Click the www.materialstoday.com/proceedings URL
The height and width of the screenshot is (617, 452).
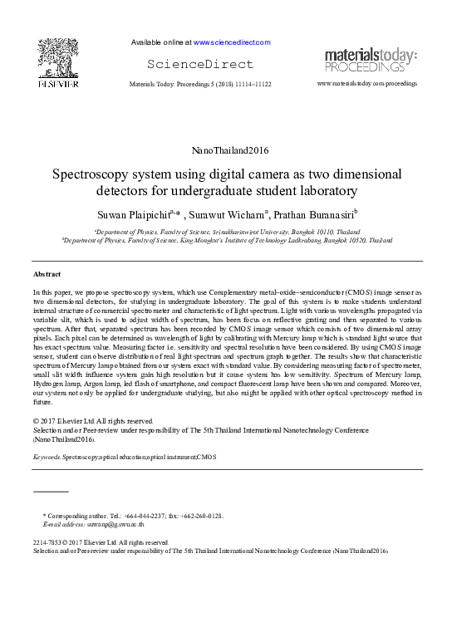point(367,84)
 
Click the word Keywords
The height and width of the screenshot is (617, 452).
point(47,458)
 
